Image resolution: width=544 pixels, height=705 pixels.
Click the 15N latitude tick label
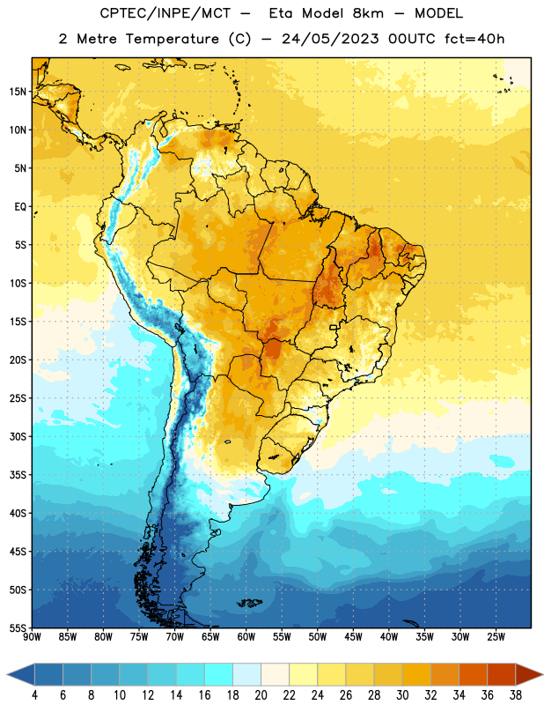point(18,92)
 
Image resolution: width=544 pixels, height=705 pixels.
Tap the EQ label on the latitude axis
point(20,207)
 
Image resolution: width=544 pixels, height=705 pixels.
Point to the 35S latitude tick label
point(18,475)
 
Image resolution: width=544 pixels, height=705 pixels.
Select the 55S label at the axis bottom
point(18,628)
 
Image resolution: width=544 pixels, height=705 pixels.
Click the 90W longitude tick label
point(33,637)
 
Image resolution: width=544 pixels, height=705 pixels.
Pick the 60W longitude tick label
point(246,637)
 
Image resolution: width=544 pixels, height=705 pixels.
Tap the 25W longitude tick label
point(496,637)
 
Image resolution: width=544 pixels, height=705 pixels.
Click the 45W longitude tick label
point(353,637)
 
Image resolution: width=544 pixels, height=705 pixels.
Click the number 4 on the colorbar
point(34,695)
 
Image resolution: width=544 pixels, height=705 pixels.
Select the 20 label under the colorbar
point(261,695)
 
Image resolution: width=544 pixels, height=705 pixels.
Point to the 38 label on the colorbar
point(516,695)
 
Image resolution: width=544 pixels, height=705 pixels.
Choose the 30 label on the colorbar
point(402,695)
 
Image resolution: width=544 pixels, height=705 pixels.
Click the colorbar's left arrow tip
point(7,675)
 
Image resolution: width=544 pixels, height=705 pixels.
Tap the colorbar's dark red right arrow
point(529,675)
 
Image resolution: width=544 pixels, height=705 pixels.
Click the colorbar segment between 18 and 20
point(246,675)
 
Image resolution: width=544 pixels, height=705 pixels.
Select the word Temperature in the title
point(172,39)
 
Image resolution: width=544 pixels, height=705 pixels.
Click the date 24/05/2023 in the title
point(330,39)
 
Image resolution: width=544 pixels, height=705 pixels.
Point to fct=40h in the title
point(474,39)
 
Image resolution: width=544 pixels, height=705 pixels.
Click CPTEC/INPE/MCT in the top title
point(165,13)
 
